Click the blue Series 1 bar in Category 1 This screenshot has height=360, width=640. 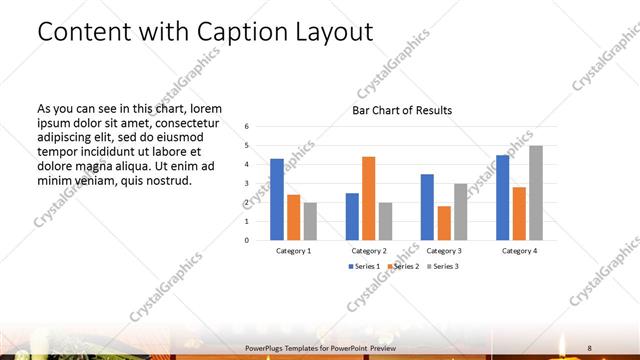pos(277,199)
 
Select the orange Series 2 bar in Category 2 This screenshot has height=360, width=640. pos(368,198)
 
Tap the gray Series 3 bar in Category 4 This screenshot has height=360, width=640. pos(535,192)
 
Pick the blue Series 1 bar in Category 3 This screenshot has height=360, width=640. pos(427,207)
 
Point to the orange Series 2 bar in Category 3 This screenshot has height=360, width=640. pos(443,223)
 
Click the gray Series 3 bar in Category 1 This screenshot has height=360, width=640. pos(310,221)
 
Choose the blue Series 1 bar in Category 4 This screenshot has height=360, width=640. pos(502,197)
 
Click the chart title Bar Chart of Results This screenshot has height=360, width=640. pos(402,110)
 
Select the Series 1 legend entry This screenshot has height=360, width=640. pos(365,267)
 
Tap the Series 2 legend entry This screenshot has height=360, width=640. pos(404,267)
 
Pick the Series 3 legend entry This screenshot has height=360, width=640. pos(443,267)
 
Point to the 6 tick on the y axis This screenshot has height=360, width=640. pos(247,126)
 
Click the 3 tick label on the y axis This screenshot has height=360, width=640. pos(247,183)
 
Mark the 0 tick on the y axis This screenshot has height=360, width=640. pos(247,240)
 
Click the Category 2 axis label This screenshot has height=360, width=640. pos(368,250)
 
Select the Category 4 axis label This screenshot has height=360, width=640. pos(519,250)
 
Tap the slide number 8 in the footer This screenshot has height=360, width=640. pos(589,347)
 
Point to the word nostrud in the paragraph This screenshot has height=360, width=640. pos(167,181)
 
